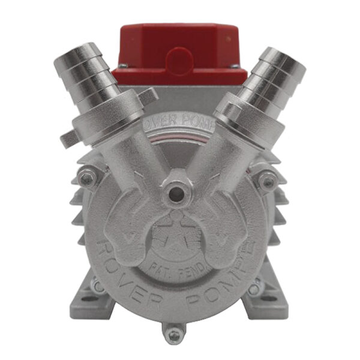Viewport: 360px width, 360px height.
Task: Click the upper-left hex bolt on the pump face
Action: tap(88, 178)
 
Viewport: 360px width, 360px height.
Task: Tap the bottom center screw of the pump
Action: tap(173, 332)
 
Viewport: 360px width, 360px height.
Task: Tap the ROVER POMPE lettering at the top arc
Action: tap(180, 119)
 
